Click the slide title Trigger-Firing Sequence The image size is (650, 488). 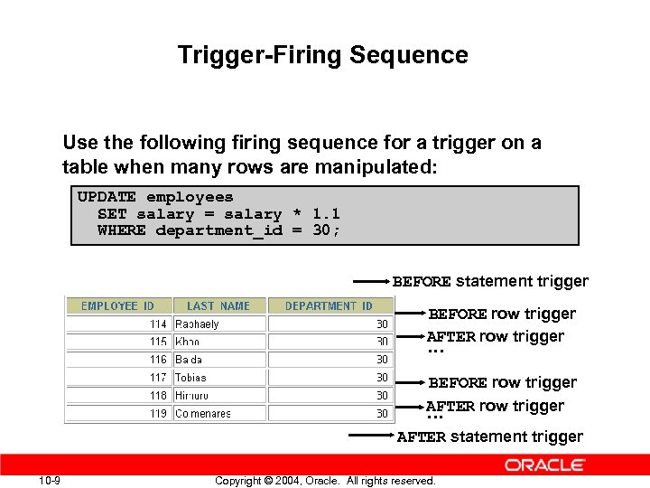click(323, 55)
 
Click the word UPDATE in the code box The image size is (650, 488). click(107, 197)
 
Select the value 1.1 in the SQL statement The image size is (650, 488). click(326, 214)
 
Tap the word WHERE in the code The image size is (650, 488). click(121, 230)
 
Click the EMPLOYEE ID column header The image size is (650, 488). click(117, 306)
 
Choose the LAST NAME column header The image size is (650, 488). click(218, 306)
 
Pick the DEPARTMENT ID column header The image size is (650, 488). click(329, 306)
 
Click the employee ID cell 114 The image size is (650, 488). click(158, 324)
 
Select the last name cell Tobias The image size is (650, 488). click(190, 378)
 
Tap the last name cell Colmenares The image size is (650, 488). click(203, 414)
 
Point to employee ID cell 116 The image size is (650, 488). click(158, 360)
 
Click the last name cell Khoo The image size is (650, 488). click(188, 342)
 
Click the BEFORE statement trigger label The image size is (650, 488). click(490, 281)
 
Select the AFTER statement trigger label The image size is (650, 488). click(490, 436)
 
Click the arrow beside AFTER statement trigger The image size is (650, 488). click(371, 435)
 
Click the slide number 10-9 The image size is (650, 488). click(50, 480)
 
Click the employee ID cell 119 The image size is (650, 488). click(158, 414)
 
